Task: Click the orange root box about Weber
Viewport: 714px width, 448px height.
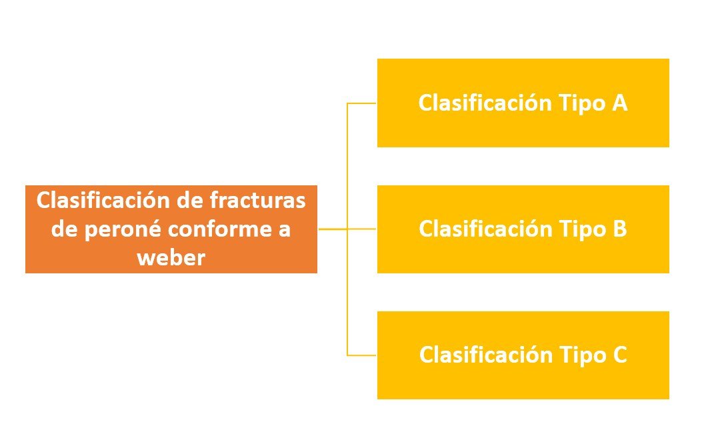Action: point(171,229)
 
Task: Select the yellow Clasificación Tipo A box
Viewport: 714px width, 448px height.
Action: point(523,103)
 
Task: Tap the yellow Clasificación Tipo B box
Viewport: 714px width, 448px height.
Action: point(523,229)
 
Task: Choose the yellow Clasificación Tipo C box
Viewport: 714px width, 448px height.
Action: point(523,355)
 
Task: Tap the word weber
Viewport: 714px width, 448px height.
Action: point(171,258)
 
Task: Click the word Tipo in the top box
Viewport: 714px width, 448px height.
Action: point(582,104)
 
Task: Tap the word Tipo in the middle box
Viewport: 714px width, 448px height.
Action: point(582,230)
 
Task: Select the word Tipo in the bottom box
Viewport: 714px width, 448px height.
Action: point(582,356)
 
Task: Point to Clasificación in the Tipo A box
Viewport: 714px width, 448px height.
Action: point(485,103)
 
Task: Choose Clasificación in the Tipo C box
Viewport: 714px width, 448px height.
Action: point(485,355)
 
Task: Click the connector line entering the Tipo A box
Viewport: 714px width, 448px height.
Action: point(362,103)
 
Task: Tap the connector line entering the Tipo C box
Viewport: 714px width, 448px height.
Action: point(362,355)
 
